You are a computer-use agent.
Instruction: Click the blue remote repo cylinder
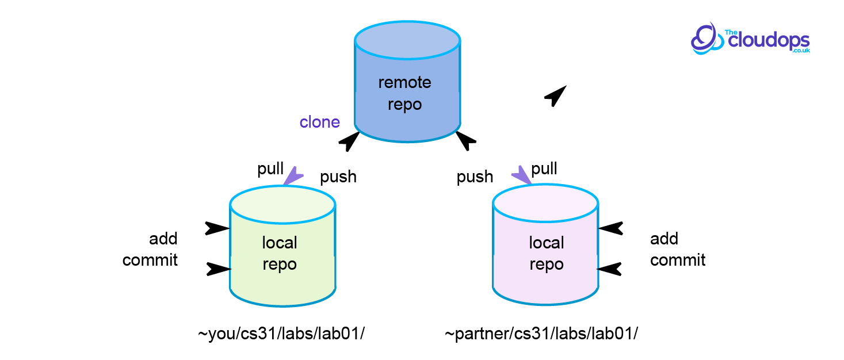point(407,83)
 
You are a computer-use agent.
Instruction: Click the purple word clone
point(319,122)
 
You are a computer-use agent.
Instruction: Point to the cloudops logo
point(750,39)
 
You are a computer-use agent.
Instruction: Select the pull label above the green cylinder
point(270,168)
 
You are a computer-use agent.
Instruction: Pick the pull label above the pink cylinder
point(544,168)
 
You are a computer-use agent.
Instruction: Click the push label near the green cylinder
point(338,177)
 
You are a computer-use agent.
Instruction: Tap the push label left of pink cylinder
point(475,177)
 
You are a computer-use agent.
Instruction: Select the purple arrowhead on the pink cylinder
point(523,175)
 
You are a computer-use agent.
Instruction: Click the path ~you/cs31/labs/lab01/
point(281,334)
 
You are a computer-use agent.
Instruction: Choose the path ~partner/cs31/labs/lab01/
point(541,334)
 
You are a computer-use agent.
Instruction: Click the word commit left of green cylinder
point(150,260)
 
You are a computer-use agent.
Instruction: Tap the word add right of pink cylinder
point(664,239)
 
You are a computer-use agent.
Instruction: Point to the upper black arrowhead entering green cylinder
point(217,228)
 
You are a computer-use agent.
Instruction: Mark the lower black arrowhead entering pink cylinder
point(610,269)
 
